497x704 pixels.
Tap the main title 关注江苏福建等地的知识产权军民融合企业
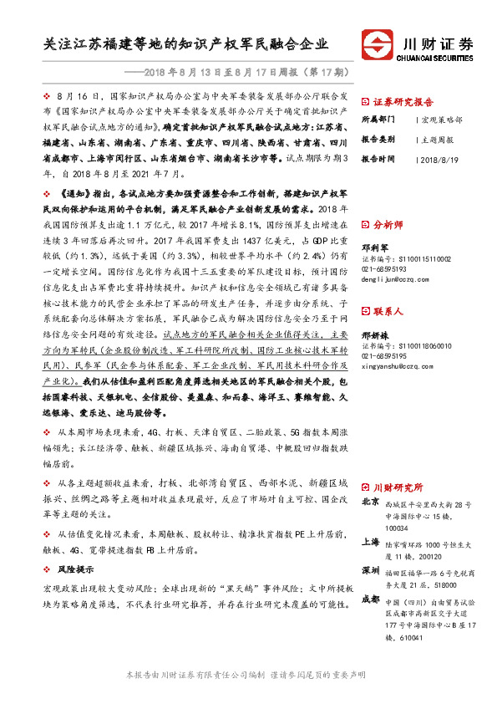click(x=185, y=45)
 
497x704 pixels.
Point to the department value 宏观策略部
click(x=442, y=120)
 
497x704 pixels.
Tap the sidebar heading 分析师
click(x=388, y=225)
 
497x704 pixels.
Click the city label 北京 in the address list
click(x=371, y=503)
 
